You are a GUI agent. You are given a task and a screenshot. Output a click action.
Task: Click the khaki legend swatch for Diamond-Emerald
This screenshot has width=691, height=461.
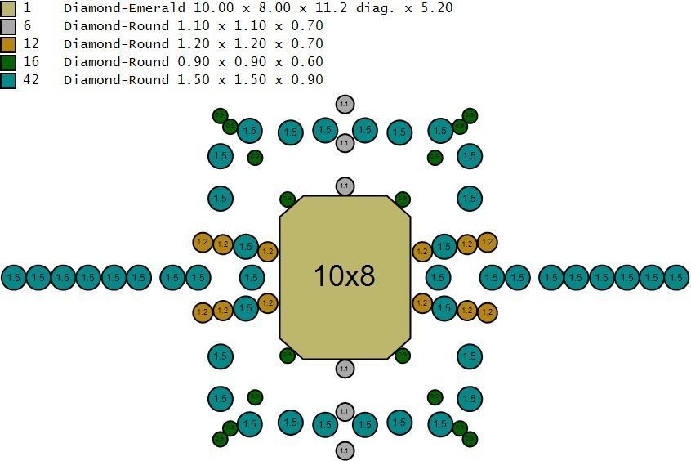pyautogui.click(x=8, y=8)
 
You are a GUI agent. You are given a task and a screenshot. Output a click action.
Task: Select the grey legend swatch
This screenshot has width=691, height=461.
pyautogui.click(x=8, y=26)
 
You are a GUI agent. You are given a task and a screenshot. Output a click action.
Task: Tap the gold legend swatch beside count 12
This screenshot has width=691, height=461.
pyautogui.click(x=8, y=44)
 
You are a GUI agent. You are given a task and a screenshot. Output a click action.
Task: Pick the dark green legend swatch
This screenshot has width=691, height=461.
pyautogui.click(x=8, y=62)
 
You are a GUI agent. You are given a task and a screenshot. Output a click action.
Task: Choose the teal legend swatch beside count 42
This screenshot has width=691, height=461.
pyautogui.click(x=8, y=80)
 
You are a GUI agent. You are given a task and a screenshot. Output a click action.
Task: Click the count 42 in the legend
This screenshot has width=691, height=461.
pyautogui.click(x=31, y=80)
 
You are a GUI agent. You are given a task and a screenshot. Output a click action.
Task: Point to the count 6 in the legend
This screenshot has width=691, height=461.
pyautogui.click(x=27, y=26)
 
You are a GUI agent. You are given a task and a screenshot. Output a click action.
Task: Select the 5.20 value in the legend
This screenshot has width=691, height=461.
pyautogui.click(x=437, y=8)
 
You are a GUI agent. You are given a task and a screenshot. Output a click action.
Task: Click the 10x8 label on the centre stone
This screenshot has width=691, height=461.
pyautogui.click(x=345, y=276)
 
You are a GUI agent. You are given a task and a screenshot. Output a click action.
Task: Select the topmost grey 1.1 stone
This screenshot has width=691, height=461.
pyautogui.click(x=345, y=105)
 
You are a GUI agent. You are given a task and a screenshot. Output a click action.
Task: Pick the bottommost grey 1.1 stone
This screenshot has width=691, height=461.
pyautogui.click(x=345, y=450)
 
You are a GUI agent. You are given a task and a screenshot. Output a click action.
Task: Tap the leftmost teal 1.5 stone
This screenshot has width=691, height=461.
pyautogui.click(x=13, y=278)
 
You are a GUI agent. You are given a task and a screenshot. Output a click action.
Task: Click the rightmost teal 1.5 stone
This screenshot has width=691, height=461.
pyautogui.click(x=676, y=278)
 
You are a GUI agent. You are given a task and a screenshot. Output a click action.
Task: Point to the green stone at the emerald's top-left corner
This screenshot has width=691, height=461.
pyautogui.click(x=288, y=199)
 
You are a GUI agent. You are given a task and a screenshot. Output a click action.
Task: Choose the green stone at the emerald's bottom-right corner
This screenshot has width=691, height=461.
pyautogui.click(x=402, y=356)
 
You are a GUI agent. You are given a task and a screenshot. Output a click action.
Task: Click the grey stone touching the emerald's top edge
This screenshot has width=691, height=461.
pyautogui.click(x=345, y=187)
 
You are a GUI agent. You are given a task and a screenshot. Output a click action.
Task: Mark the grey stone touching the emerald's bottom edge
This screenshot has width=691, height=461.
pyautogui.click(x=345, y=369)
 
